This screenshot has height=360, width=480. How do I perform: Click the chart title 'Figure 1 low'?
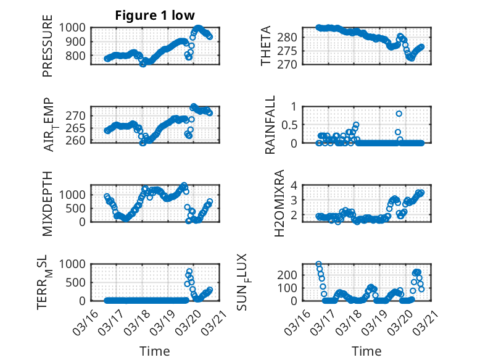point(155,15)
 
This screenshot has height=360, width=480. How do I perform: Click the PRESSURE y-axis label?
point(48,50)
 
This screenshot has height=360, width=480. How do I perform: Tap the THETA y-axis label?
point(266,46)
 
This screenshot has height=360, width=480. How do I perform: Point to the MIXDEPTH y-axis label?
point(48,203)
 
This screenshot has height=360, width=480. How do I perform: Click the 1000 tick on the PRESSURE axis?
point(77,27)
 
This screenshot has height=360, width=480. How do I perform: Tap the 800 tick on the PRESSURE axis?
point(80,56)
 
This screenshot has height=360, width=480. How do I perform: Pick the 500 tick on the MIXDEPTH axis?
point(80,208)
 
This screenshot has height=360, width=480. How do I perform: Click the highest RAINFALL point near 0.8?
point(399,114)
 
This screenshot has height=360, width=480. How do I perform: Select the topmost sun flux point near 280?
point(318,264)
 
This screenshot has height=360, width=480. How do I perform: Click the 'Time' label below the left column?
point(155,351)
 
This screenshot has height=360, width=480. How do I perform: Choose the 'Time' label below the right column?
point(366,351)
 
